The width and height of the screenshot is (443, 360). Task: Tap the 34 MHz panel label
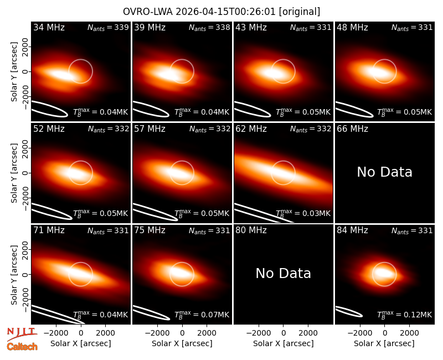coord(49,27)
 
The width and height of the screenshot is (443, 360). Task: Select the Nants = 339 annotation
coord(108,27)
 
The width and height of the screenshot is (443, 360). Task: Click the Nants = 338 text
coord(209,27)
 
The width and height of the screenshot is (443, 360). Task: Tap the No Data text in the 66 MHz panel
coord(384,172)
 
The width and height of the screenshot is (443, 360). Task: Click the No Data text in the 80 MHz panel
coord(284,273)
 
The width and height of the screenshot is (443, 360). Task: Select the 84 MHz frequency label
coord(352,230)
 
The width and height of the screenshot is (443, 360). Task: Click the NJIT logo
coord(22,334)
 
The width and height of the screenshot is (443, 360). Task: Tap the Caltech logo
coord(22,347)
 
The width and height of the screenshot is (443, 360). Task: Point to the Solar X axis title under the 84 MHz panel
coord(384,343)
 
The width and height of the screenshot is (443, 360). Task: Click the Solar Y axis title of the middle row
coord(14,173)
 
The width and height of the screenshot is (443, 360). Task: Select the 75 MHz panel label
coord(150,230)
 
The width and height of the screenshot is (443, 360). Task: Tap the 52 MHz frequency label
coord(49,129)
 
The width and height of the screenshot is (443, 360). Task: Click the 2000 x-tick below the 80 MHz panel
coord(308,333)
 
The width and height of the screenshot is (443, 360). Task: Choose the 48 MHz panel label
coord(352,27)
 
